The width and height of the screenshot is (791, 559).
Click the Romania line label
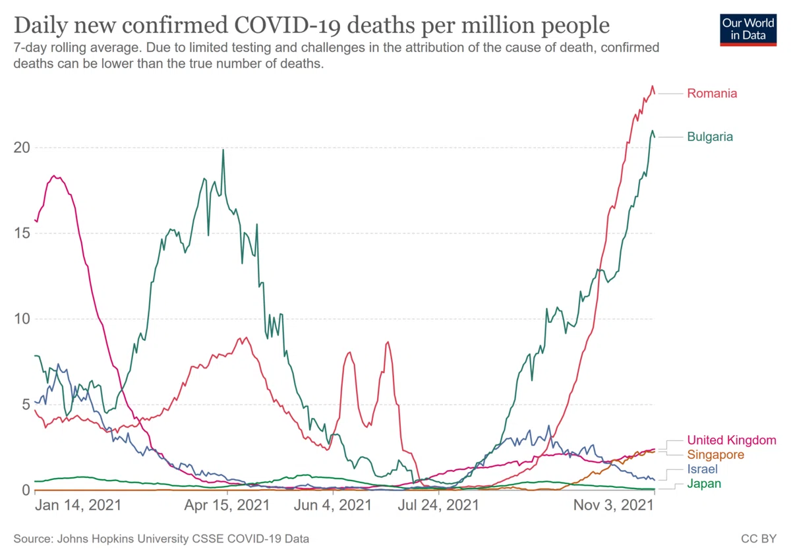pos(712,94)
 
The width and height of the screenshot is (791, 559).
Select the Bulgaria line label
pos(710,136)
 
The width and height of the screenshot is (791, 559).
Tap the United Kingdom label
pos(732,440)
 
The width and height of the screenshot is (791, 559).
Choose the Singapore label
pos(715,454)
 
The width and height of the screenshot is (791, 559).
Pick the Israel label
pos(703,469)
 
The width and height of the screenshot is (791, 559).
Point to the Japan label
pos(704,483)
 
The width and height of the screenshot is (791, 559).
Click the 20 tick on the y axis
pos(22,148)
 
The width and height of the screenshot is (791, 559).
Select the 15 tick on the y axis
pos(22,233)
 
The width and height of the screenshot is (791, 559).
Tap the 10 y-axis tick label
pos(22,319)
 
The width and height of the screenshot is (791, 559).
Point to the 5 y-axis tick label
pos(26,405)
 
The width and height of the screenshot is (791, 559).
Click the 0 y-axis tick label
pos(26,490)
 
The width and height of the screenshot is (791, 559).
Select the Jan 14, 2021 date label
pos(78,506)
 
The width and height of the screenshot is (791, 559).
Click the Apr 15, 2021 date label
pos(227,506)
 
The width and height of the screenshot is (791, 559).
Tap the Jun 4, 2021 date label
pos(333,506)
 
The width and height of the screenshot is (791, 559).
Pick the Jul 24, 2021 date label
pos(438,506)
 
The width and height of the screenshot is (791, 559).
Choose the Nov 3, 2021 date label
pos(614,506)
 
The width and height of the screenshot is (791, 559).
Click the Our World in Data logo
pos(748,30)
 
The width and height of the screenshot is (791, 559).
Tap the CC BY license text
pos(759,539)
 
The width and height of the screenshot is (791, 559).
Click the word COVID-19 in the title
pos(287,26)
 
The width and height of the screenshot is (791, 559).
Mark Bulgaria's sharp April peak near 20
pos(223,150)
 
